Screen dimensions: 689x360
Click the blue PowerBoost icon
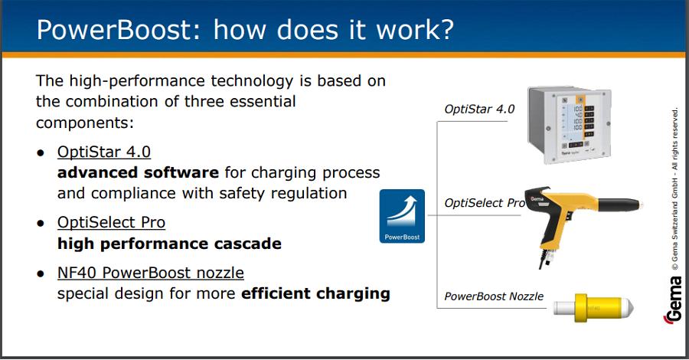[x=402, y=216]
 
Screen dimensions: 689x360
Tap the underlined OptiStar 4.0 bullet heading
[x=104, y=152]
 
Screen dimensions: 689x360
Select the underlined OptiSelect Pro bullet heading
[x=111, y=222]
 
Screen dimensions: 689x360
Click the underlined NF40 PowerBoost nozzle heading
[x=151, y=273]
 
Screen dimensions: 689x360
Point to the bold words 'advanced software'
[x=138, y=172]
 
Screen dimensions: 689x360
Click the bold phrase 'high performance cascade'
[x=170, y=244]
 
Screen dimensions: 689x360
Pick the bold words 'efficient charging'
[x=315, y=293]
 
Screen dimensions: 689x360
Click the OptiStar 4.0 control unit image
[x=570, y=124]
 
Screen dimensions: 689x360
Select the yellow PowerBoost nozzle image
[x=593, y=308]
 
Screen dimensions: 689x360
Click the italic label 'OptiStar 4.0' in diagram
[x=479, y=109]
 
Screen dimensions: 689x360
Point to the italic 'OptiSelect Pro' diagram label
[x=485, y=203]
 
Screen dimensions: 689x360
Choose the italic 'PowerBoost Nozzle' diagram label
[x=494, y=296]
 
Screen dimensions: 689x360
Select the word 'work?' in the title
[x=415, y=30]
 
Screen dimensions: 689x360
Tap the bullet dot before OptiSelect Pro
[x=41, y=224]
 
